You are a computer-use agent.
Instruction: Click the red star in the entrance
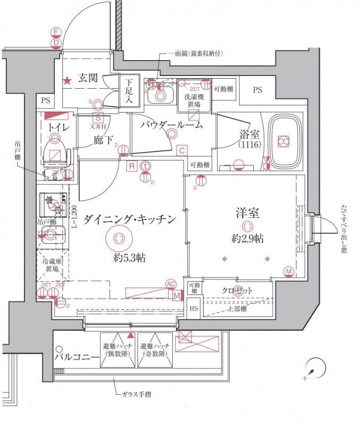coord(68,81)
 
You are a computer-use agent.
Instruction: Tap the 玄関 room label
coord(88,78)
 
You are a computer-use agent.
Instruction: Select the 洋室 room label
coord(247,214)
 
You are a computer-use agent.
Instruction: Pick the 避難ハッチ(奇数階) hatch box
coord(154,351)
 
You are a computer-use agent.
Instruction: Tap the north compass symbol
coord(315,368)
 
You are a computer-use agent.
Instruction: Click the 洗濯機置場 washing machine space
coord(192,101)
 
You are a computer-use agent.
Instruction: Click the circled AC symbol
coord(171,284)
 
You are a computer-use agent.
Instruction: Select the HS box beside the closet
coord(194,309)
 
